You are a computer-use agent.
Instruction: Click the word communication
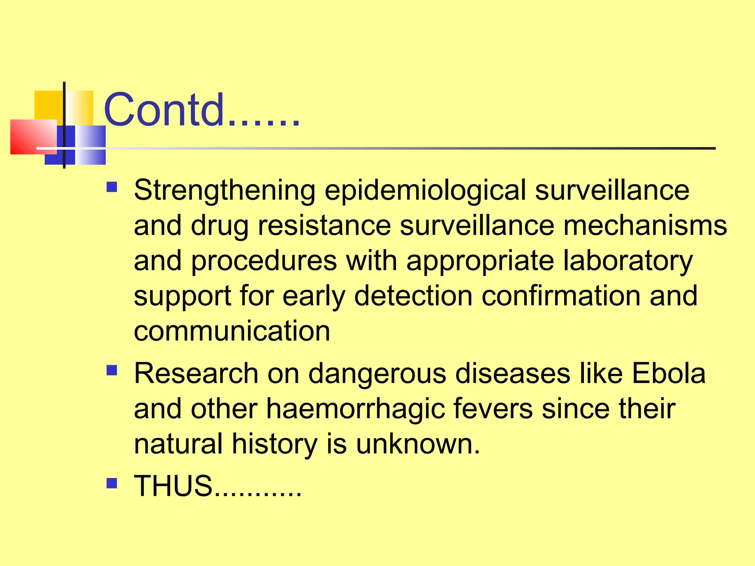tap(232, 331)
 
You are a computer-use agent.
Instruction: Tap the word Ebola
tap(668, 373)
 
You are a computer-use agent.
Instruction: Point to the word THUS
tap(173, 486)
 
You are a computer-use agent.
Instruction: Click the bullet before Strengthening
tap(112, 187)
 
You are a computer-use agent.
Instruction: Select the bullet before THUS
tap(112, 483)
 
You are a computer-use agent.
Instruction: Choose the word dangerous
tap(377, 373)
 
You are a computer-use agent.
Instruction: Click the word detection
tap(413, 296)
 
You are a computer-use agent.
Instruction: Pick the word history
tap(274, 444)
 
